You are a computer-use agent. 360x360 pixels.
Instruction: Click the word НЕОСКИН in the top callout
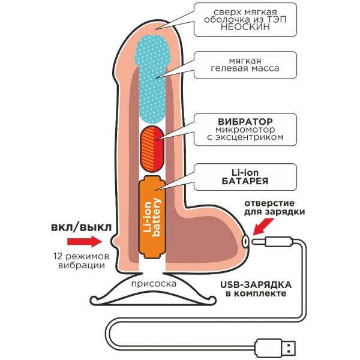245,27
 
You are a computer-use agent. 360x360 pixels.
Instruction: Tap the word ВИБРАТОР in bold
245,121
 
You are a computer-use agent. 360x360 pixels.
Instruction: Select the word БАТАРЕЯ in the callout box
245,181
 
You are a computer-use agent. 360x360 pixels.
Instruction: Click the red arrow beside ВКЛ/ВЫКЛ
85,242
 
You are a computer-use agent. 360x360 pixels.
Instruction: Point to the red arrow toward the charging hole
263,227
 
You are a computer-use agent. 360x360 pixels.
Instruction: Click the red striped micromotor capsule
152,149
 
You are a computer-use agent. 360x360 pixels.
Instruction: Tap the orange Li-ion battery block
152,217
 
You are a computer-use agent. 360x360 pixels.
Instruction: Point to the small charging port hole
245,241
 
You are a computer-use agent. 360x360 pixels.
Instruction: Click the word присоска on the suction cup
154,284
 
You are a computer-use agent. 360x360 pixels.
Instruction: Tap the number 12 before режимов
58,256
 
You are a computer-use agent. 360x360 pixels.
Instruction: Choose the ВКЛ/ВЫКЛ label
81,228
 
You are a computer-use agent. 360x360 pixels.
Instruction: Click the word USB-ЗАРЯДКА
256,285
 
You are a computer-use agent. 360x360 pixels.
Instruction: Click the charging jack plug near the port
272,242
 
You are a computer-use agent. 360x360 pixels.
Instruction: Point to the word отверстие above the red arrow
269,203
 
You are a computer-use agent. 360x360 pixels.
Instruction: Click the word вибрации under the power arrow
82,265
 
